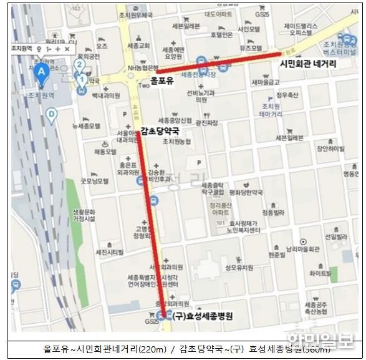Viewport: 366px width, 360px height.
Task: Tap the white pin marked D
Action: coord(51,114)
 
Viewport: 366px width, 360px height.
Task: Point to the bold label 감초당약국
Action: coord(161,131)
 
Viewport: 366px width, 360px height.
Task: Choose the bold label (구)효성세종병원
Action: coord(203,316)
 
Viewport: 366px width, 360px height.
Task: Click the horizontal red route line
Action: coord(218,64)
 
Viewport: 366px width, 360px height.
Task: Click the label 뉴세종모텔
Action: coord(86,125)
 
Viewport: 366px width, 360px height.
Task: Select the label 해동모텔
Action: coord(105,152)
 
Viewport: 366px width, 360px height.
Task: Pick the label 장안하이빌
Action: coord(330,148)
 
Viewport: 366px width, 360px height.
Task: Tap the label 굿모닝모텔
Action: coord(94,181)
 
